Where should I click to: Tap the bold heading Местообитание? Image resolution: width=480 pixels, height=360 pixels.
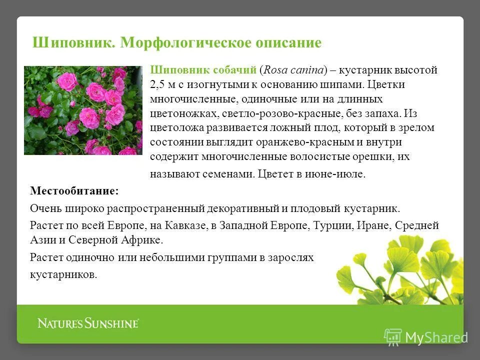[74, 191]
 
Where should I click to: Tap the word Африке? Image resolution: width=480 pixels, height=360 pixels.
[141, 239]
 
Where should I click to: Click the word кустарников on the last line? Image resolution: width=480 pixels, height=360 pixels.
[63, 274]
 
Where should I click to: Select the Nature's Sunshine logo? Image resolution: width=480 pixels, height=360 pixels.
[88, 323]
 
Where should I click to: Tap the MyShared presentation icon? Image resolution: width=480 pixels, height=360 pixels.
[393, 336]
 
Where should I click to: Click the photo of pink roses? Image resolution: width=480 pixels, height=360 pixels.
[83, 110]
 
